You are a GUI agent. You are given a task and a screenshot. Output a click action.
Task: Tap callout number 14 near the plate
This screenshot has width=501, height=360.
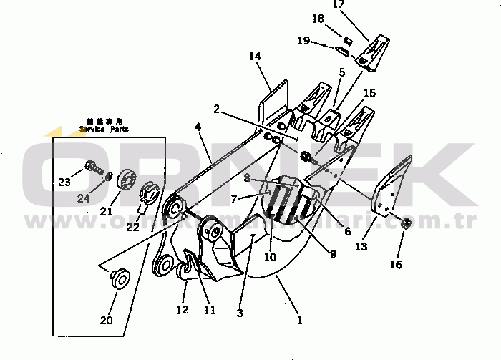[x=256, y=56]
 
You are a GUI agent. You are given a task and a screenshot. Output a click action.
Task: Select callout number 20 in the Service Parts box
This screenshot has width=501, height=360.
[x=106, y=320]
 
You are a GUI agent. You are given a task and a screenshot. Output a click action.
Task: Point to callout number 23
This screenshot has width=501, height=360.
[x=64, y=183]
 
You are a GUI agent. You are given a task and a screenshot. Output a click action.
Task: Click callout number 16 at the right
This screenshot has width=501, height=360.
[x=396, y=264]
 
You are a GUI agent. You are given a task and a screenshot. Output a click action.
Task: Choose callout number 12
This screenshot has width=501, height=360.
[x=183, y=309]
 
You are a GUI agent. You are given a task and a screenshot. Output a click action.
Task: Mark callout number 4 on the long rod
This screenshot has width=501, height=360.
[x=198, y=127]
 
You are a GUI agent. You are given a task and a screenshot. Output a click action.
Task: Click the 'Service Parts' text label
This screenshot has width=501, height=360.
[x=104, y=130]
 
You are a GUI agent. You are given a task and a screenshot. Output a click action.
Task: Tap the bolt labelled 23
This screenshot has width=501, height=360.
[x=92, y=168]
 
